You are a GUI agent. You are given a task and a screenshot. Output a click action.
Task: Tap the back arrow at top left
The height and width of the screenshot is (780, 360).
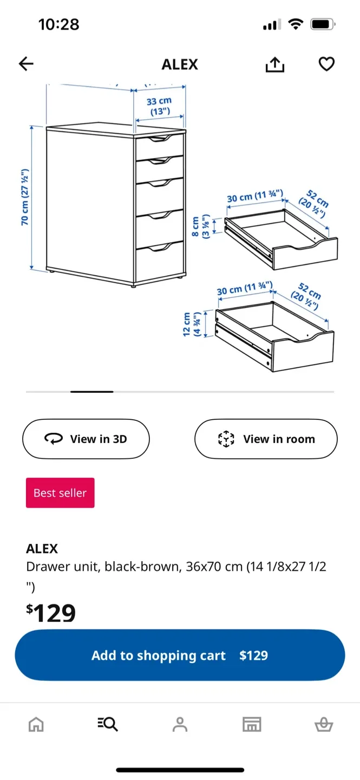26,64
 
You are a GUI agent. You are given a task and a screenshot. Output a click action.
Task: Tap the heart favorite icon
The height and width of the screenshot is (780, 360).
326,64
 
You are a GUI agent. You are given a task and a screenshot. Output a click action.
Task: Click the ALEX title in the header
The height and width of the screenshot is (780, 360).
180,64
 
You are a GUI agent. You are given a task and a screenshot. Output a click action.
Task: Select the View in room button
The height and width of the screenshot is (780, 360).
266,439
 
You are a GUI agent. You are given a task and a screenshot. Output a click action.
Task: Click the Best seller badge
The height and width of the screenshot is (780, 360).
60,493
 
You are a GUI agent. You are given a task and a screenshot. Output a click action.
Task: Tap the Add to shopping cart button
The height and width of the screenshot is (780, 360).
180,655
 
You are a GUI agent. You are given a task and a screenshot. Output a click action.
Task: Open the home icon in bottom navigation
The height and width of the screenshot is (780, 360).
36,724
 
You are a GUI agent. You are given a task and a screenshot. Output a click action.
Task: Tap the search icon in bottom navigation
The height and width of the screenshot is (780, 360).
108,724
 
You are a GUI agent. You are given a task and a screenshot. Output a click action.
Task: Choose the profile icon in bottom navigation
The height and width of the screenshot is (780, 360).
180,724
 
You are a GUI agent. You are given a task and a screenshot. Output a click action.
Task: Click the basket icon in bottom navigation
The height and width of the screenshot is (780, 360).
324,724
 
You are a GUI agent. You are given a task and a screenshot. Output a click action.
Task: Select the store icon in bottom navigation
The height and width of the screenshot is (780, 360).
252,724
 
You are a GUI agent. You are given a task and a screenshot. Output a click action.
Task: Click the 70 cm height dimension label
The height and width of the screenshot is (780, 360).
25,198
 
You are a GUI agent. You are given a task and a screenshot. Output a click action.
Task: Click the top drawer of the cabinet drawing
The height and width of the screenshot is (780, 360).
159,147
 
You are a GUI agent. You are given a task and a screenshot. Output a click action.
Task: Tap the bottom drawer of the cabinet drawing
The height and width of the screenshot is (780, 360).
159,263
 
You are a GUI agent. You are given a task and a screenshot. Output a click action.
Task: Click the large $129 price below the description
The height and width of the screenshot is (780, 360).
51,613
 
